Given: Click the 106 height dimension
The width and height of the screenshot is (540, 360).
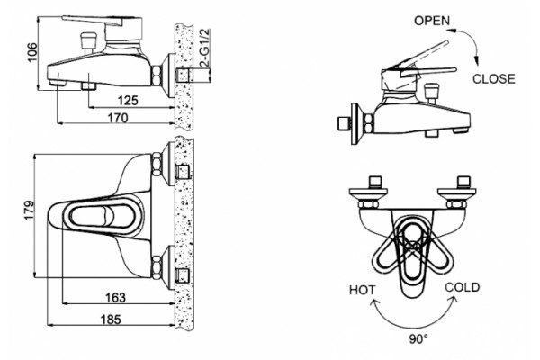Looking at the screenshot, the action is tap(32, 52).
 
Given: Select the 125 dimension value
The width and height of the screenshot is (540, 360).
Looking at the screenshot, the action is tap(128, 101).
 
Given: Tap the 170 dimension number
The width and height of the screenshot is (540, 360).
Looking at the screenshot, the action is tap(118, 118).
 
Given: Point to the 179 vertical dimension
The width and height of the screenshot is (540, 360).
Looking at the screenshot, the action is tap(29, 210).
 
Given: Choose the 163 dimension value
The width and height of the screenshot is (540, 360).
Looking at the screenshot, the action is tap(115, 297).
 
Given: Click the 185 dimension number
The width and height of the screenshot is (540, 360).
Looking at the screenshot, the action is tap(111, 319).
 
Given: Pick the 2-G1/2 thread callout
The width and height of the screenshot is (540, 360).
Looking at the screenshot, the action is tap(204, 49).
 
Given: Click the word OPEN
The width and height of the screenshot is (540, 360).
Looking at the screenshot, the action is tap(432, 21).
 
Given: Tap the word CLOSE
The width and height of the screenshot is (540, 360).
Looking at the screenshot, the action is tap(494, 79).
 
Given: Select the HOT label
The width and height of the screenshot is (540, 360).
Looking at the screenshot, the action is tap(363, 290).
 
